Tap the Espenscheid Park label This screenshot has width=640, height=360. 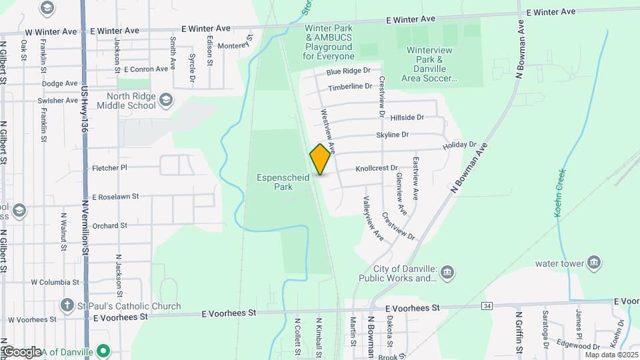(275, 182)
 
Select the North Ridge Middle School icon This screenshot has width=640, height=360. (166, 101)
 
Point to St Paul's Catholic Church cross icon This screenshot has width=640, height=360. (67, 306)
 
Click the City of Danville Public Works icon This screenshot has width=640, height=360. (447, 273)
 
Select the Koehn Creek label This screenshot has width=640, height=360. (560, 193)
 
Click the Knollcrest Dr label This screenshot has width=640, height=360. (376, 169)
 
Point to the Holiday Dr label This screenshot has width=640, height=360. (460, 145)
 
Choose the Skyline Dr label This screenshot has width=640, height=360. (392, 135)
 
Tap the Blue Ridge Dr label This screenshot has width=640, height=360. (348, 71)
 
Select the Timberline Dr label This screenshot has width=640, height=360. (350, 87)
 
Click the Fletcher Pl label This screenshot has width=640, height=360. (109, 168)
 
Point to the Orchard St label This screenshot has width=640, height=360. (109, 226)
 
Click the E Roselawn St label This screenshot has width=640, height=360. (115, 197)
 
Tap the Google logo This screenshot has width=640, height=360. (21, 352)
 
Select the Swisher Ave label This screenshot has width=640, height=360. (59, 101)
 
